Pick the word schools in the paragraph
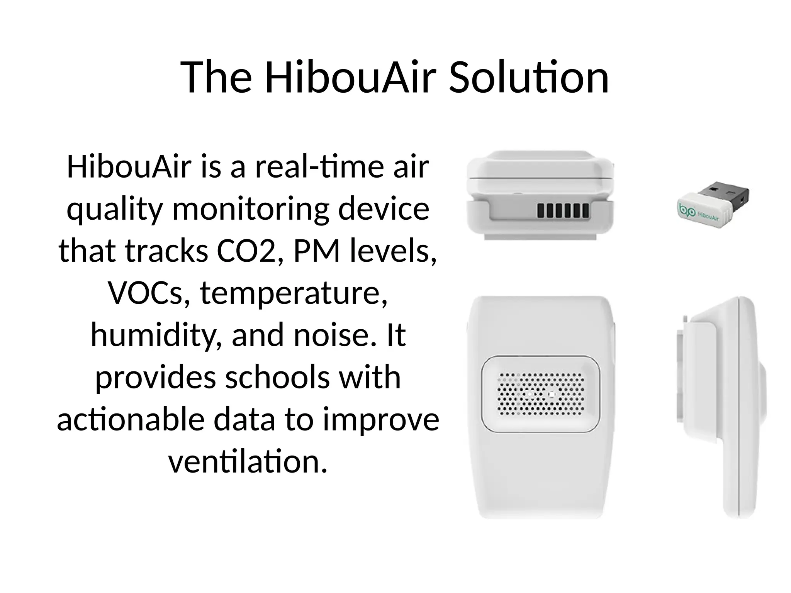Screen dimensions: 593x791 (x=277, y=377)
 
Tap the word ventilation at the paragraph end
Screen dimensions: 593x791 (x=248, y=461)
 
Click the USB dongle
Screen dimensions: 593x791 (x=713, y=205)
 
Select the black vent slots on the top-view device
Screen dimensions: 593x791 (x=563, y=211)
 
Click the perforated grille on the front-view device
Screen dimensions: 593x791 (x=541, y=394)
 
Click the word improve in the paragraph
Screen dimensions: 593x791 (x=381, y=420)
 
